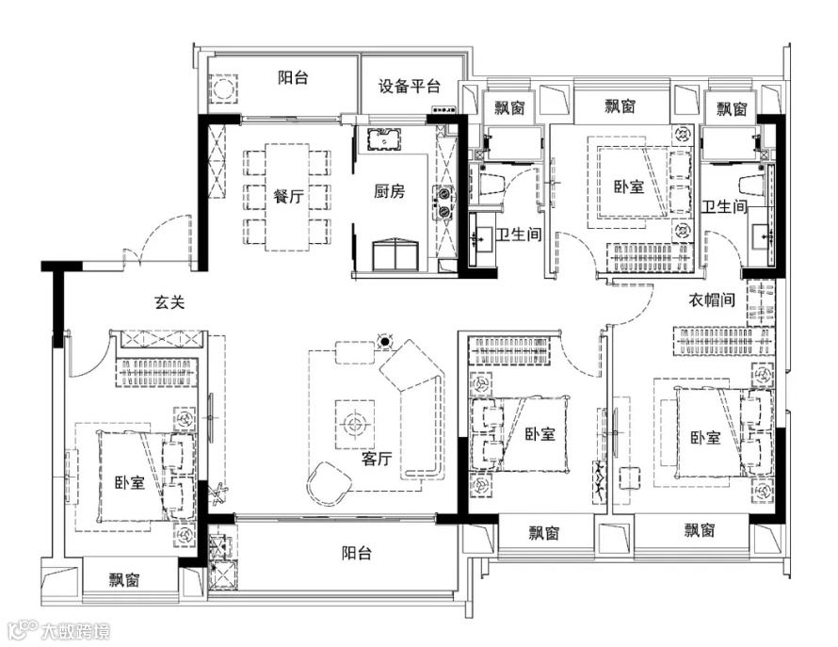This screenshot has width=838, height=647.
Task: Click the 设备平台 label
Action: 410,88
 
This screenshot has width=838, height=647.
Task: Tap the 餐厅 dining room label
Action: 288,197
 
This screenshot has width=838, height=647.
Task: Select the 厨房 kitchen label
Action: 389,191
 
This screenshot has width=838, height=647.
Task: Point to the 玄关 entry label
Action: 169,303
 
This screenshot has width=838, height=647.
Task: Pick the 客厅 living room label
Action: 377,459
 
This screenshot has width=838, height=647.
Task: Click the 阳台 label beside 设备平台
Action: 294,77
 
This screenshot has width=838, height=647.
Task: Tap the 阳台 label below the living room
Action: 357,554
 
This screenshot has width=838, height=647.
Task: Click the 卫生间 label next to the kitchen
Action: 518,235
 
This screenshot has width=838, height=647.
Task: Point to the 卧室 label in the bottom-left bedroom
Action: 130,483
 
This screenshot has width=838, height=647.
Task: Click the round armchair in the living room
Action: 328,483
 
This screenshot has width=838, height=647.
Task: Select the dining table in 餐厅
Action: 287,197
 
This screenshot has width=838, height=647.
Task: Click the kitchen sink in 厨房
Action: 384,139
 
